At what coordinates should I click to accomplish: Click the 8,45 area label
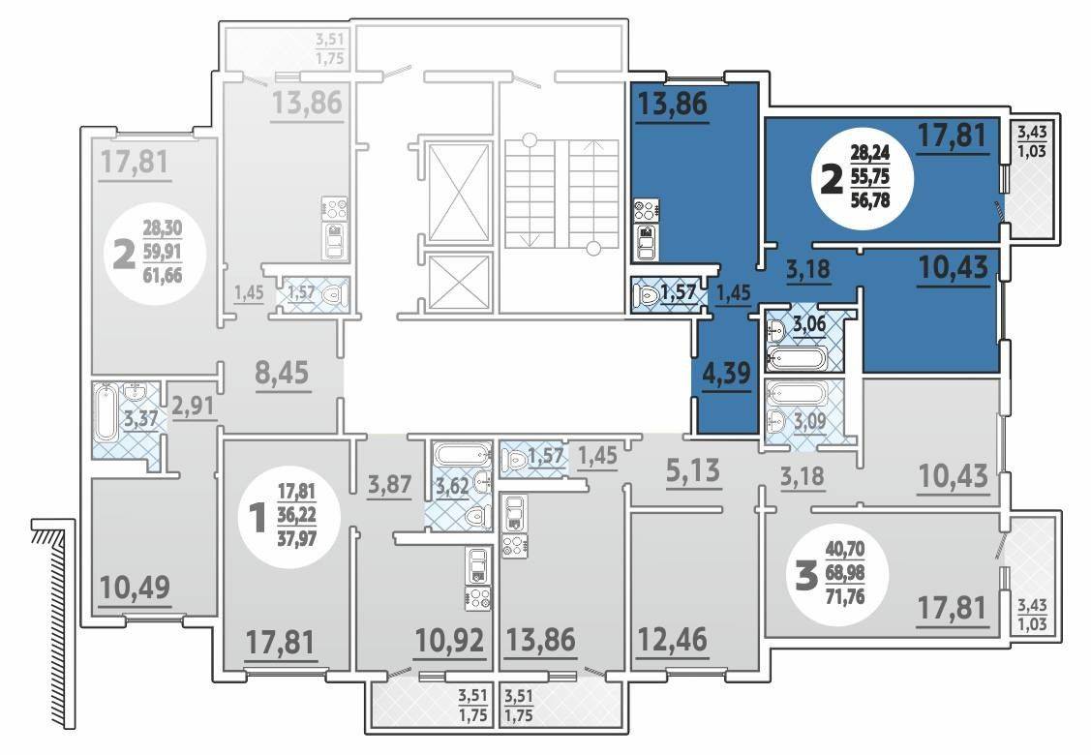tap(282, 373)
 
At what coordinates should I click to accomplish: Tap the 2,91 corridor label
tap(193, 405)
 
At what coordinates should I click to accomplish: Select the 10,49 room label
tap(135, 588)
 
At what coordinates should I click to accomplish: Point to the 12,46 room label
tap(672, 639)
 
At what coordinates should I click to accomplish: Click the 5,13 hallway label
tap(694, 470)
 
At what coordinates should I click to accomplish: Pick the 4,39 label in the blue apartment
tap(726, 374)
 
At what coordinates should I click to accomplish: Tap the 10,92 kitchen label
tap(449, 640)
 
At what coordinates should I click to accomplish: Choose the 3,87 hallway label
tap(389, 484)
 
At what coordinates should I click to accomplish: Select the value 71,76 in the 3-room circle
tap(845, 596)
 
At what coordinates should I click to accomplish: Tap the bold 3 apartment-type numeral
tap(805, 577)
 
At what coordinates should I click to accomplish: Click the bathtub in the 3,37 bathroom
tap(106, 414)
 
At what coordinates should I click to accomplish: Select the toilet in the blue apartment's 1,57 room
tap(647, 295)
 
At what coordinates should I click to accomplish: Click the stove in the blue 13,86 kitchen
tap(647, 210)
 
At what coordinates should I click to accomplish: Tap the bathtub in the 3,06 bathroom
tap(797, 358)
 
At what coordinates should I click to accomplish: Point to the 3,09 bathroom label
tap(809, 421)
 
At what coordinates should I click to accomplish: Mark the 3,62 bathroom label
tap(452, 486)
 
